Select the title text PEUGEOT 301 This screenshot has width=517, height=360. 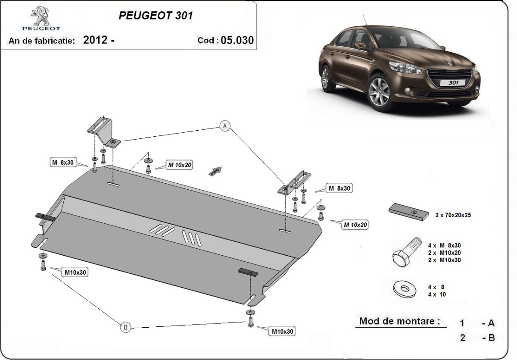point(156,16)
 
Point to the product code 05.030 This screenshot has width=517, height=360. point(237,41)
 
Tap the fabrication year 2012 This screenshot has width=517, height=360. point(95,41)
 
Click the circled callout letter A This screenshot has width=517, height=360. point(224,125)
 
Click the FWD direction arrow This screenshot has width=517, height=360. point(215,171)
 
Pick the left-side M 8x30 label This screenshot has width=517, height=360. point(63,162)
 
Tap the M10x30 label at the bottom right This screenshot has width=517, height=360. point(283,331)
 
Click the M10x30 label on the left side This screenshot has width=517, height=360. point(76,272)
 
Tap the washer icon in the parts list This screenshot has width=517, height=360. point(405,290)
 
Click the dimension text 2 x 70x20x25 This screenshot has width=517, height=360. point(453,215)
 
